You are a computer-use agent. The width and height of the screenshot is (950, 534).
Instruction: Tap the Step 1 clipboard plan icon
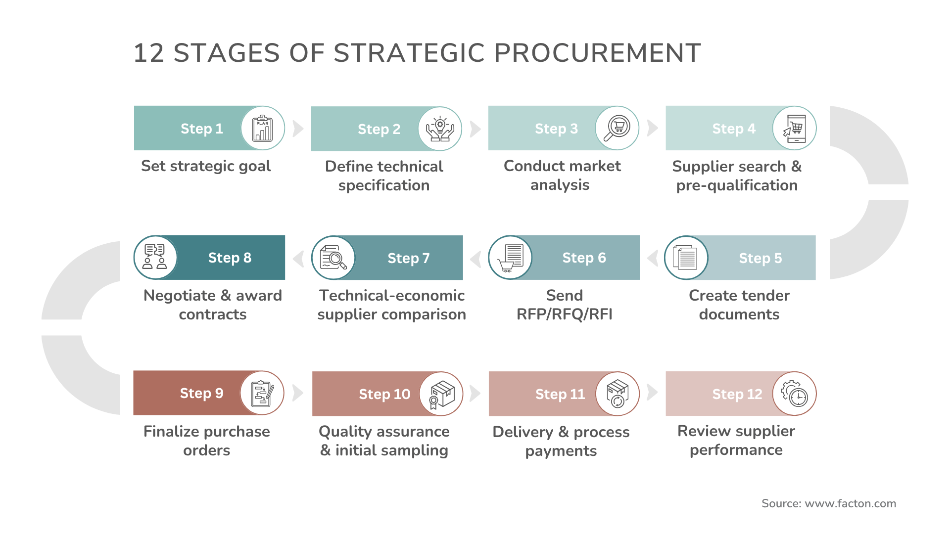(x=262, y=129)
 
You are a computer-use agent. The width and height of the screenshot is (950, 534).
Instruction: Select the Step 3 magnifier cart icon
(x=617, y=129)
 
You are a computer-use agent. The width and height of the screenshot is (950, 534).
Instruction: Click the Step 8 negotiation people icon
(x=155, y=258)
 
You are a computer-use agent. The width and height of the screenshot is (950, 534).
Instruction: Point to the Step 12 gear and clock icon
(x=794, y=394)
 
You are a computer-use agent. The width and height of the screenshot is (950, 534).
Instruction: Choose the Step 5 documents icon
(x=686, y=258)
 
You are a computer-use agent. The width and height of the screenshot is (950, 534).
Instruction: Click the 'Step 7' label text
(x=408, y=258)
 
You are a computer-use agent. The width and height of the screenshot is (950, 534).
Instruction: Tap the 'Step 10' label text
(x=384, y=394)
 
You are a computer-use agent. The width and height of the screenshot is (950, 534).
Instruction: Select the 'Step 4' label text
(x=734, y=129)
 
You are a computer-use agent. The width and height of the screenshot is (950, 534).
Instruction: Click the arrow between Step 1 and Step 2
(x=298, y=129)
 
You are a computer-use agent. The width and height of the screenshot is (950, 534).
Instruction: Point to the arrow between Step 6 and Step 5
(x=653, y=258)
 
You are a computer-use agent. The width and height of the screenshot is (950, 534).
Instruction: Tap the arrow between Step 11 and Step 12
(x=652, y=393)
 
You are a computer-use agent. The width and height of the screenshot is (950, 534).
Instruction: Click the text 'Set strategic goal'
(x=206, y=166)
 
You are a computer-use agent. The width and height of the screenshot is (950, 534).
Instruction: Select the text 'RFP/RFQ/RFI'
(x=564, y=314)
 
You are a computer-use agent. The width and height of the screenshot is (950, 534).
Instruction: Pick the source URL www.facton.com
(x=850, y=503)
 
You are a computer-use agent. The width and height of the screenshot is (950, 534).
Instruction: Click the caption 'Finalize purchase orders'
(x=206, y=441)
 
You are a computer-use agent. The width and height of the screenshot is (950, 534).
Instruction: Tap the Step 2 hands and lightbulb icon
(x=440, y=129)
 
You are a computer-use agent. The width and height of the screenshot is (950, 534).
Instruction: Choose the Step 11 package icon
(x=617, y=394)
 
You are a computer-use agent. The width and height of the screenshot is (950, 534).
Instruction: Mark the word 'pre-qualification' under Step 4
(x=737, y=185)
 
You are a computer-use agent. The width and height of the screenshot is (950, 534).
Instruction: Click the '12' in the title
(x=148, y=53)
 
